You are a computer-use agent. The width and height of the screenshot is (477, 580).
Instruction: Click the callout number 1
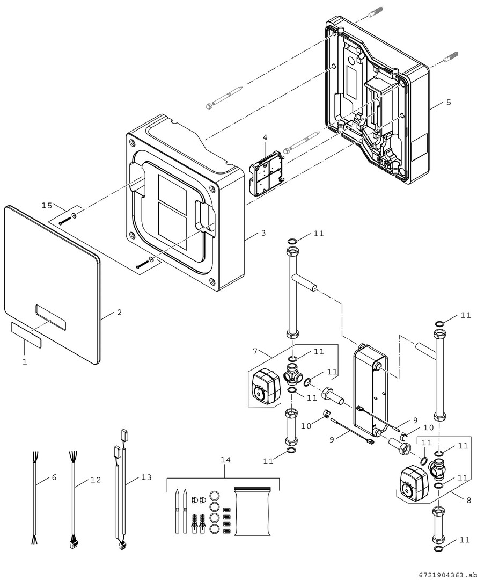pos(25,362)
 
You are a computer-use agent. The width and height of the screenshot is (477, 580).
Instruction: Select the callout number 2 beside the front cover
pos(119,312)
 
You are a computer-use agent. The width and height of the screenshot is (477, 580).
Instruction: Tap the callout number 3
pos(263,233)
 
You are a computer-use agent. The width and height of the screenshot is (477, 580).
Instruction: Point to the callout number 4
pos(265,137)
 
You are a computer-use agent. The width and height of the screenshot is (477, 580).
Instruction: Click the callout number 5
pos(449,102)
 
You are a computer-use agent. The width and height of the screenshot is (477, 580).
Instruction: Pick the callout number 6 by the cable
pos(54,477)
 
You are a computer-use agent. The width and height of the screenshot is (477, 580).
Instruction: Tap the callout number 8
pos(468,500)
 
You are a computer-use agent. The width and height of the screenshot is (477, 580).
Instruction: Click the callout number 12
pos(96,480)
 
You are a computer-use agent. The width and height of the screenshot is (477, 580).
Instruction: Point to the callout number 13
pos(146,477)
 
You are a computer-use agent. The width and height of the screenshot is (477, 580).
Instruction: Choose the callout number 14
pos(225,460)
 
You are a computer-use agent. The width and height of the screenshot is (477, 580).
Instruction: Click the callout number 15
pos(47,205)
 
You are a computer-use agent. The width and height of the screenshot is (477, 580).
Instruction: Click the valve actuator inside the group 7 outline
pos(265,386)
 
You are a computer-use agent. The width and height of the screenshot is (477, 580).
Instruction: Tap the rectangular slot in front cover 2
pos(51,317)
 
